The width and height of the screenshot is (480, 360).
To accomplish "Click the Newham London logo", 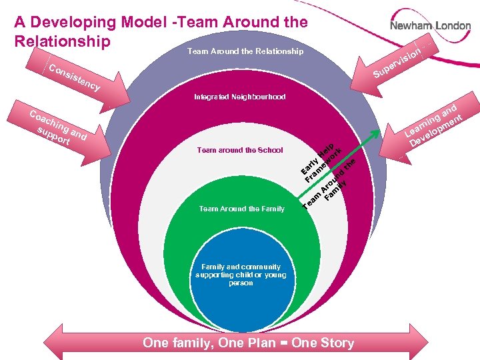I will click(x=430, y=26).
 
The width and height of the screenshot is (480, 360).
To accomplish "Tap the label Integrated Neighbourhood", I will click(x=240, y=97).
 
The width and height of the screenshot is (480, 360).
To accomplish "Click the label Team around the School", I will click(x=240, y=151).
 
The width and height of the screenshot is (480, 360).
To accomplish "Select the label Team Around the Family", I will click(x=241, y=209).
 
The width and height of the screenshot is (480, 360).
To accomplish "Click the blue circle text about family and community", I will click(x=241, y=275).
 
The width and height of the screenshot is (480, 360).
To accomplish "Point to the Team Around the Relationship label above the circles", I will click(x=245, y=51).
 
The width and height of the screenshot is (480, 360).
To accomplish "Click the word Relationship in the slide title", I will click(x=62, y=42).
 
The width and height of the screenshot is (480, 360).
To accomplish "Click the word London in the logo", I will click(x=453, y=26).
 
